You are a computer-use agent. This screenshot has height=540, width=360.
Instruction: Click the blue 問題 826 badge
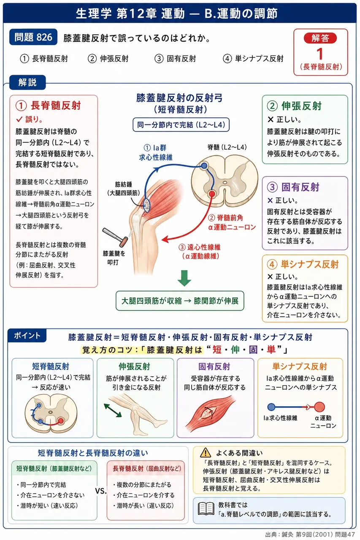click(x=33, y=37)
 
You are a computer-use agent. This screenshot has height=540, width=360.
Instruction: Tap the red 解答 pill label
click(x=320, y=38)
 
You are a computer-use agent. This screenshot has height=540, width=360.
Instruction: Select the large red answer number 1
click(x=320, y=54)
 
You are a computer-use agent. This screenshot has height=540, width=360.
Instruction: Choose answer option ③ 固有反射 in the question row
click(x=175, y=59)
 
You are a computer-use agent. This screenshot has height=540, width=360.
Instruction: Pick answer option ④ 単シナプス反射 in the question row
click(x=253, y=59)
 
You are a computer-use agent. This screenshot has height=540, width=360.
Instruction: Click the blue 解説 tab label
click(x=27, y=82)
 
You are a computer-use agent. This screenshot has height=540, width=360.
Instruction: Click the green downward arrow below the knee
click(x=184, y=278)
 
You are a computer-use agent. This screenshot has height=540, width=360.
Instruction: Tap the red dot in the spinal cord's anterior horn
click(x=212, y=194)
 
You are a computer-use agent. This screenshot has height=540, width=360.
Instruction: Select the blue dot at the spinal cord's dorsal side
click(x=204, y=165)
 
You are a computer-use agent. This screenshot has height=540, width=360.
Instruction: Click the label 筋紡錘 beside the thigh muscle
click(x=124, y=184)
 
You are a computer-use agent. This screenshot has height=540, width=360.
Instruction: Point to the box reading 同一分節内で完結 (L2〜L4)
click(x=181, y=124)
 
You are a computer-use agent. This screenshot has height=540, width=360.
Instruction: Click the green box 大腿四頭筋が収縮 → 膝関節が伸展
click(x=180, y=301)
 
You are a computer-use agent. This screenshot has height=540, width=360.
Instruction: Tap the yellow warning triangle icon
click(x=206, y=453)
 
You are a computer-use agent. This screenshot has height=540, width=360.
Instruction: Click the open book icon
click(x=206, y=509)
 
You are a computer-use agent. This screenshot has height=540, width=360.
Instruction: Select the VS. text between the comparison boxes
click(x=101, y=491)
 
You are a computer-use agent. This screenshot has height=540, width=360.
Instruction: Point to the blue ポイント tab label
click(x=27, y=335)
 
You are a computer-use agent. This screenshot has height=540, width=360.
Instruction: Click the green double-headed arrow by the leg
click(x=113, y=410)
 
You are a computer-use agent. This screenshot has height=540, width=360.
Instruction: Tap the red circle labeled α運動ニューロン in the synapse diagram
click(x=319, y=407)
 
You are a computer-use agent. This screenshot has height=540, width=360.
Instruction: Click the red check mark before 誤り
click(x=19, y=119)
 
